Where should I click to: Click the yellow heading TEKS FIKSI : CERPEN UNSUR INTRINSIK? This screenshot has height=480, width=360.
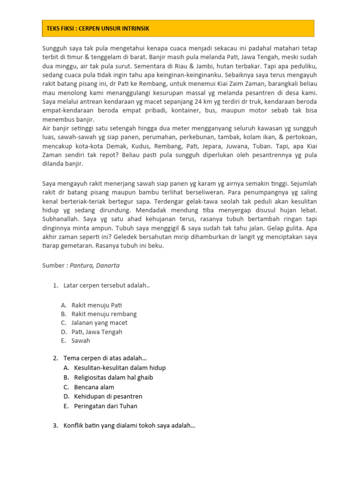click(x=98, y=29)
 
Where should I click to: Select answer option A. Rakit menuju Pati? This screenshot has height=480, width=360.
click(x=93, y=305)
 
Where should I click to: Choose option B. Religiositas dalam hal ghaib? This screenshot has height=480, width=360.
click(x=108, y=377)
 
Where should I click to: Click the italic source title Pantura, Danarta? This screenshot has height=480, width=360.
click(x=95, y=265)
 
